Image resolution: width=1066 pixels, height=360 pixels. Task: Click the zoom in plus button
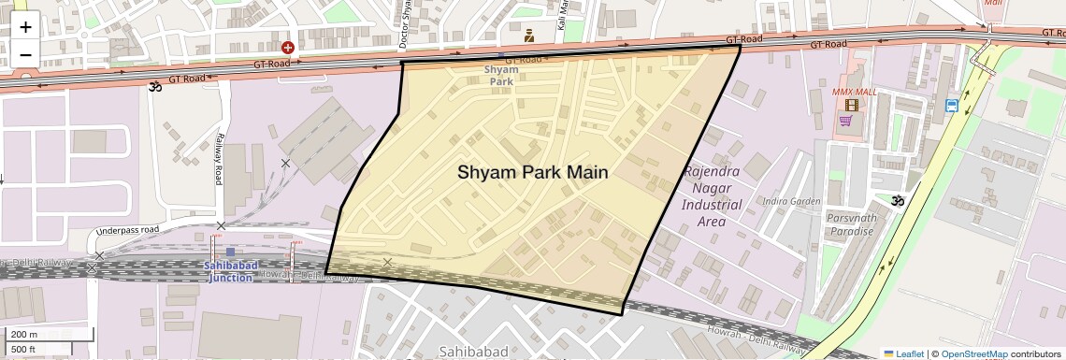[x=25, y=28]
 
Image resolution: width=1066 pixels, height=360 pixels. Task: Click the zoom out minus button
[x=25, y=54]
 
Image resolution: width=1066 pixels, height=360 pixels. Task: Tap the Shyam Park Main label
[x=532, y=172]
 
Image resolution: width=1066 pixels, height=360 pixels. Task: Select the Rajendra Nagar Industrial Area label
[x=713, y=196]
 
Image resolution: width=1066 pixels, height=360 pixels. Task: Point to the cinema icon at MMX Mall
[x=852, y=106]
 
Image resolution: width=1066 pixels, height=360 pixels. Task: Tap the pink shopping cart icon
[x=846, y=121]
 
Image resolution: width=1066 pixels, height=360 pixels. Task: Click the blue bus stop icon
[x=951, y=106]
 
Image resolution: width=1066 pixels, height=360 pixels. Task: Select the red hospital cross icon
[x=288, y=47]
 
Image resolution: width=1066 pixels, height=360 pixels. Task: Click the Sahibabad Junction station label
[x=229, y=271]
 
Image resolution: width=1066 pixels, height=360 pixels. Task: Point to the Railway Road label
[x=218, y=158]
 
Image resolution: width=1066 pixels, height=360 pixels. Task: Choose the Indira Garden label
[x=791, y=201]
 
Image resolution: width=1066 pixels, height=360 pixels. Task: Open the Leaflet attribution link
[x=903, y=353]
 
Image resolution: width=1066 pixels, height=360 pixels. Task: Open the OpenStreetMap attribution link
[x=973, y=353]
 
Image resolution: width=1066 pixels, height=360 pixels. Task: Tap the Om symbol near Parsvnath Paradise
[x=898, y=200]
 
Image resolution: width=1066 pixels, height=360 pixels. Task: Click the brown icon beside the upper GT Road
[x=529, y=36]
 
